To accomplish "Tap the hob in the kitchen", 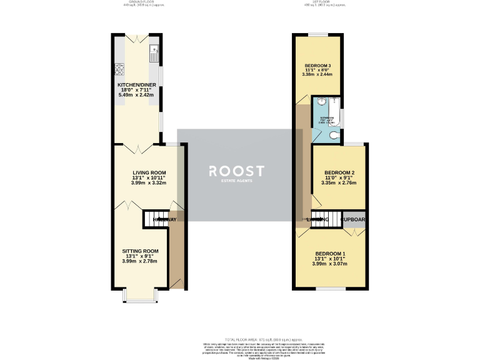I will tap(119, 69).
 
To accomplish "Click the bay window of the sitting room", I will tap(139, 294).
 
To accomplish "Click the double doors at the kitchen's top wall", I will tap(136, 38).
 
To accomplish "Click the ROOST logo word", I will tap(236, 171).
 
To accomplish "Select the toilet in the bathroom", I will tap(335, 135).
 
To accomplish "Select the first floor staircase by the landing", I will tap(325, 219).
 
